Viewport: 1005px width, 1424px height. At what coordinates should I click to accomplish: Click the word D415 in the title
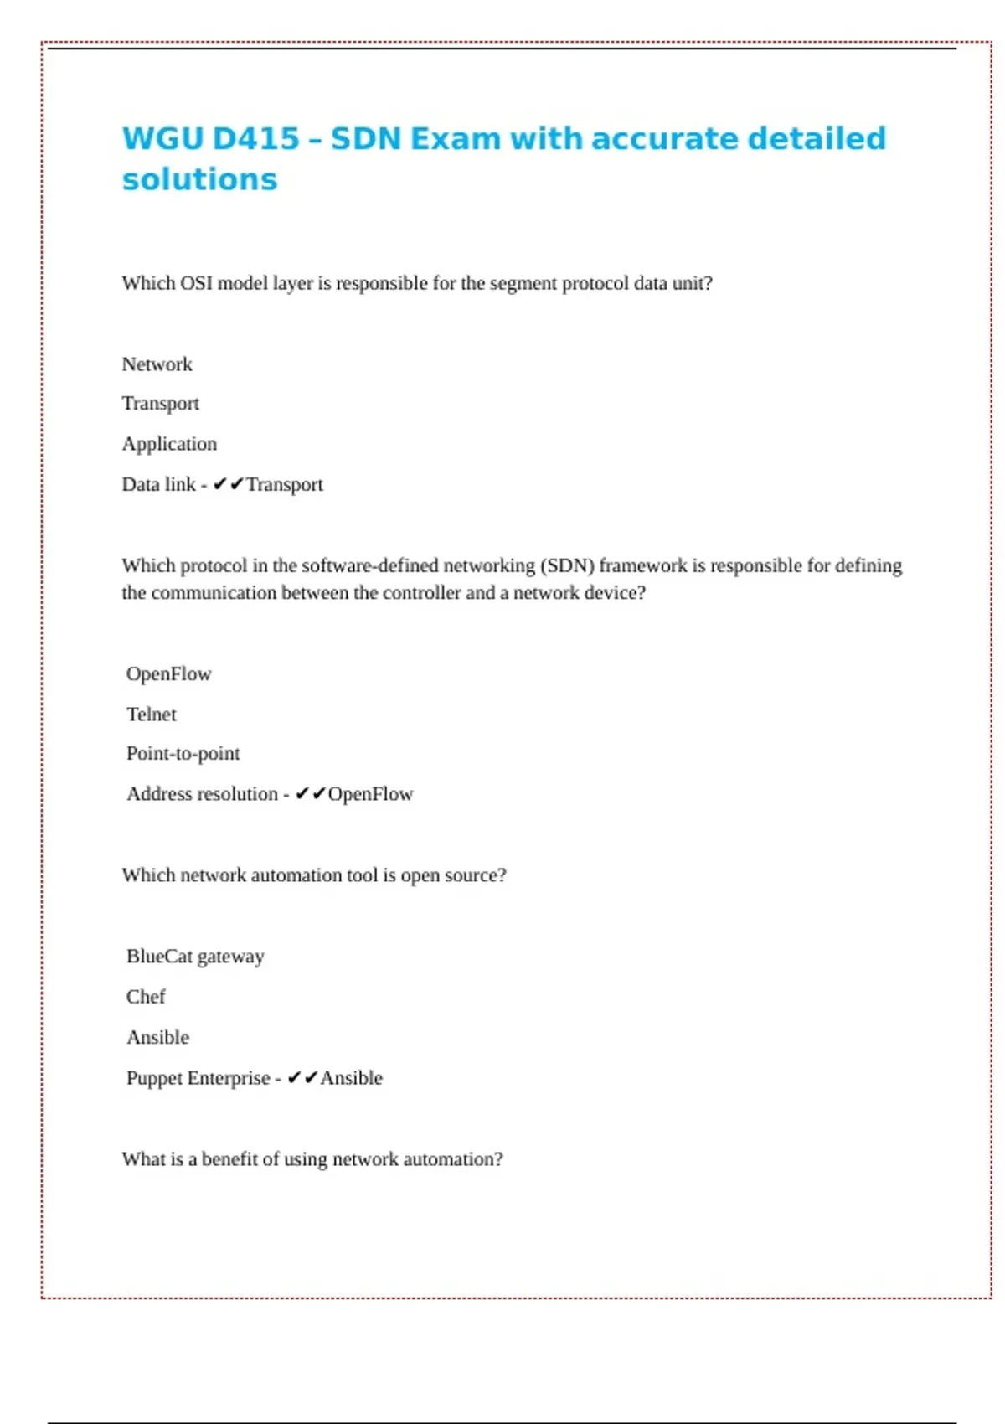pos(256,139)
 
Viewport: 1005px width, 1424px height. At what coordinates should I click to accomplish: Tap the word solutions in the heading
pos(199,179)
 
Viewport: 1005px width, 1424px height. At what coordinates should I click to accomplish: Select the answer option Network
pos(157,364)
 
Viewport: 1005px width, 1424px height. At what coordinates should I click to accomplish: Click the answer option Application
pos(169,444)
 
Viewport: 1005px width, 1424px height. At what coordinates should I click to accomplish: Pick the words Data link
pos(158,484)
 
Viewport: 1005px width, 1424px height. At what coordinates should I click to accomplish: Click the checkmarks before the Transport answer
pos(228,484)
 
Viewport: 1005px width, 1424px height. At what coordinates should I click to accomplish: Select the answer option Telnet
pos(152,715)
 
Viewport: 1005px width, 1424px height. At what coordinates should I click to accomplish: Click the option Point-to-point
pos(183,754)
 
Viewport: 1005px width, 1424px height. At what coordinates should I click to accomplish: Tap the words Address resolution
pos(202,794)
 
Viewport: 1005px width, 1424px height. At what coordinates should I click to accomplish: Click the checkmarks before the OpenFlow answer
pos(310,794)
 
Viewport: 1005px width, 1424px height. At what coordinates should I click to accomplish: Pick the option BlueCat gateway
pos(195,957)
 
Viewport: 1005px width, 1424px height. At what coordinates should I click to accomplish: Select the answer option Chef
pos(146,997)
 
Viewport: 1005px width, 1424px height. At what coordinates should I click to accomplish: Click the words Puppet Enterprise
pos(198,1078)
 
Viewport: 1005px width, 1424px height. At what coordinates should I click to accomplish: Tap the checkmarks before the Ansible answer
pos(302,1078)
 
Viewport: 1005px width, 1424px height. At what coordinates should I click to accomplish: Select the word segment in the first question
pos(523,283)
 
